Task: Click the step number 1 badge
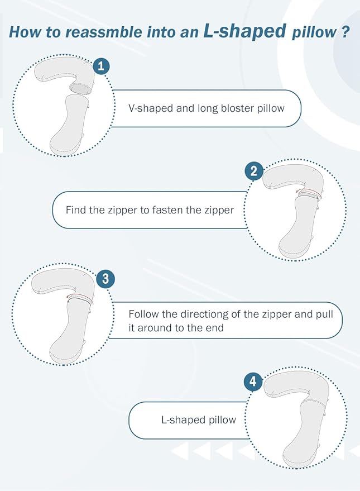click(101, 66)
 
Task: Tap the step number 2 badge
click(253, 171)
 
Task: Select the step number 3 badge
click(105, 278)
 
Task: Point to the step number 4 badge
click(253, 382)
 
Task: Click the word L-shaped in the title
click(245, 31)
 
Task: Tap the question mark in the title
click(344, 32)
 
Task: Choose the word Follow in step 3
click(144, 314)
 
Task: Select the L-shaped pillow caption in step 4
click(199, 420)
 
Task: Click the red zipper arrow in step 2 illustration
click(308, 192)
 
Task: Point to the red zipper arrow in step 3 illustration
click(80, 296)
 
